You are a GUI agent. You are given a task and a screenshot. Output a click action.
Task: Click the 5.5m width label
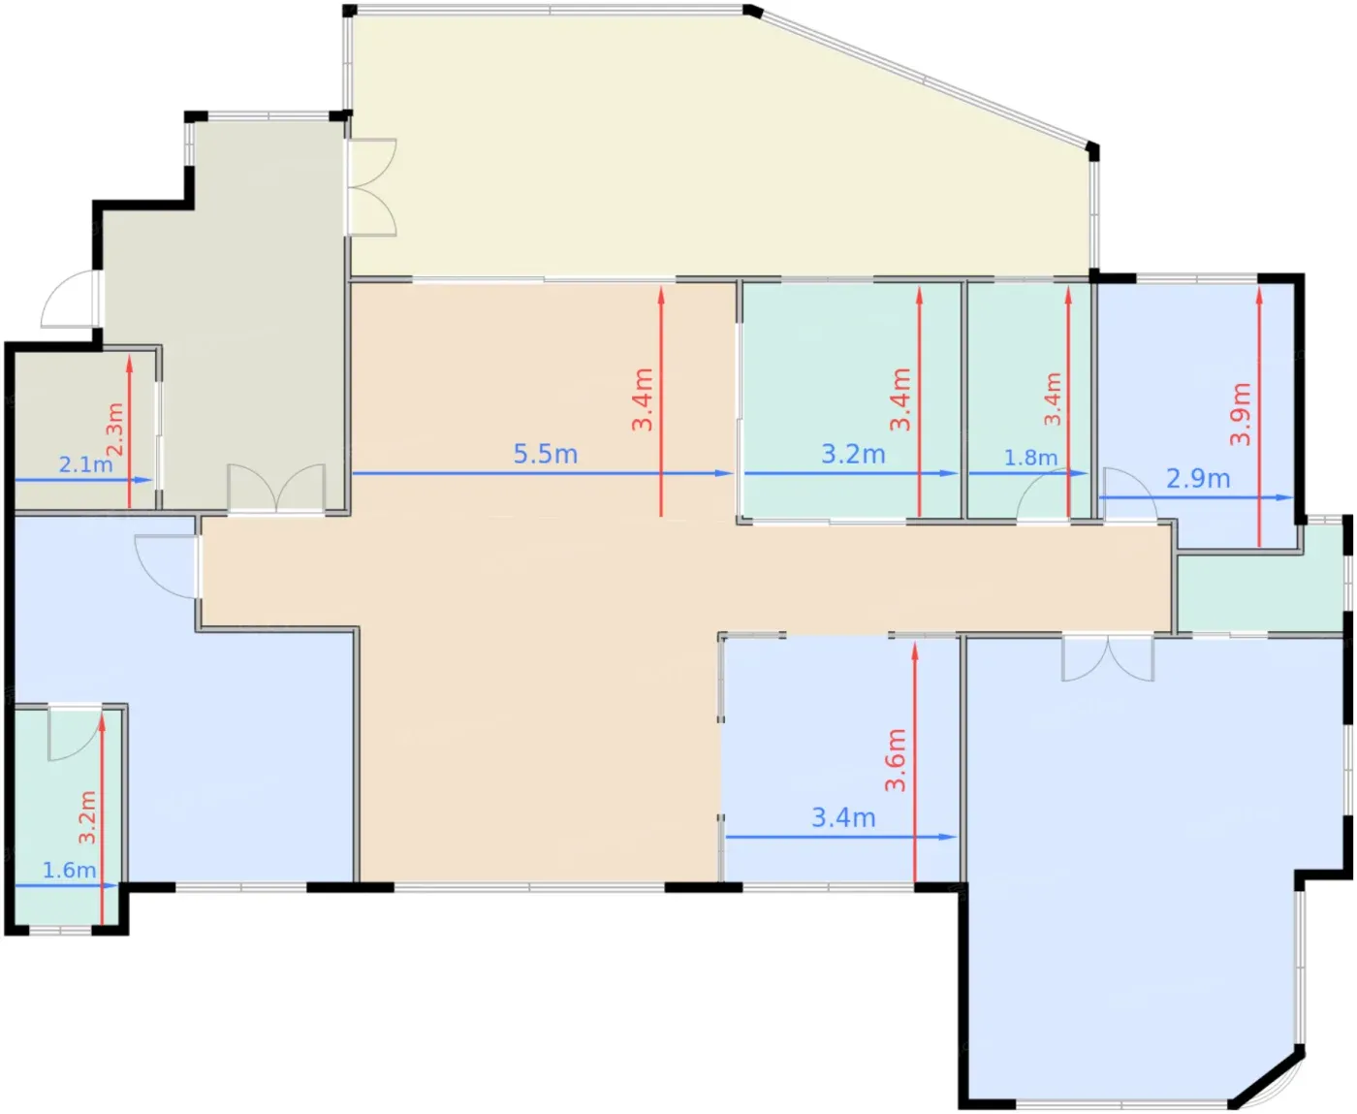point(545,455)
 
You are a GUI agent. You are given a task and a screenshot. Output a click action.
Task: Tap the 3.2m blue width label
point(853,455)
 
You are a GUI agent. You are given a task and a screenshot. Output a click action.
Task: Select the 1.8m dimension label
point(1030,458)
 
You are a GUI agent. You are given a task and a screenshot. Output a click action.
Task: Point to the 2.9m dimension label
point(1197,478)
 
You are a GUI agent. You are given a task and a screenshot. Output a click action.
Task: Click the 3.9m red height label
point(1240,414)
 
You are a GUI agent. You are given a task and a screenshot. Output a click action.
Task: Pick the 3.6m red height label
point(895,760)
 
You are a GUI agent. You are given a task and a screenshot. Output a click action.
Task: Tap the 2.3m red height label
point(114,430)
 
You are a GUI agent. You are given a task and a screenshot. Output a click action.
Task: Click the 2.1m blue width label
point(85,464)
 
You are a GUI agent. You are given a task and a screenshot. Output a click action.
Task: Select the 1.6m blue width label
point(69,870)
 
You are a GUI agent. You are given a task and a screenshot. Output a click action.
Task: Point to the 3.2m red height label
point(87,816)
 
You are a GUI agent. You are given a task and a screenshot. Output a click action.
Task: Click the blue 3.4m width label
point(843,818)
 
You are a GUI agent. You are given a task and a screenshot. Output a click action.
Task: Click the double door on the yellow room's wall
point(372,186)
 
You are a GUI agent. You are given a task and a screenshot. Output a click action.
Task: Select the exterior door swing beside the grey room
point(69,300)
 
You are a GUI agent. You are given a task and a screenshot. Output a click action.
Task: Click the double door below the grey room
point(276,488)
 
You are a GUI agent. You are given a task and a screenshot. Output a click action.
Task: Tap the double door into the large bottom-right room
point(1107,657)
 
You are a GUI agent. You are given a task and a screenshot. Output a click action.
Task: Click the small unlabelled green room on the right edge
point(1260,592)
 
